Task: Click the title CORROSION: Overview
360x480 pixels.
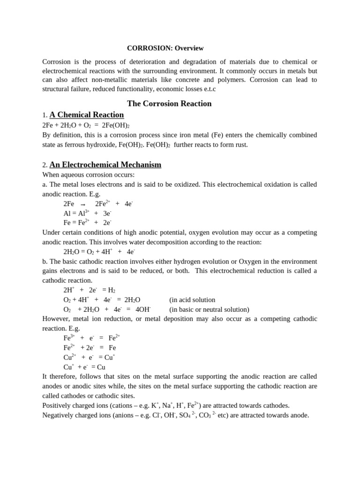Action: coord(165,48)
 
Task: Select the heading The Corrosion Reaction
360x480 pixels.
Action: coord(169,104)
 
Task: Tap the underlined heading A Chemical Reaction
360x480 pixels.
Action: coord(87,115)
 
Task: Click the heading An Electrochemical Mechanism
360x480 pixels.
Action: coord(105,165)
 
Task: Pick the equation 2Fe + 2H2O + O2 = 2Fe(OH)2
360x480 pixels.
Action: coord(86,126)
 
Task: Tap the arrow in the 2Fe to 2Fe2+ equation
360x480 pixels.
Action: coord(83,204)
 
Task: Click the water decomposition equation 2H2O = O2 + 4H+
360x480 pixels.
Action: coord(99,252)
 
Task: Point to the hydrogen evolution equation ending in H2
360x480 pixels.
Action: coord(89,290)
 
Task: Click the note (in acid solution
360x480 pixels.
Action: coord(192,300)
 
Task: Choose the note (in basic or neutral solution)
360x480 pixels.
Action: coord(209,309)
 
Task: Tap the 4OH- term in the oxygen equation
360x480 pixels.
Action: coord(143,309)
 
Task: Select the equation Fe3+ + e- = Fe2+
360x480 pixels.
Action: coord(92,338)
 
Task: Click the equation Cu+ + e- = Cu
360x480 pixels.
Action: coord(84,367)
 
